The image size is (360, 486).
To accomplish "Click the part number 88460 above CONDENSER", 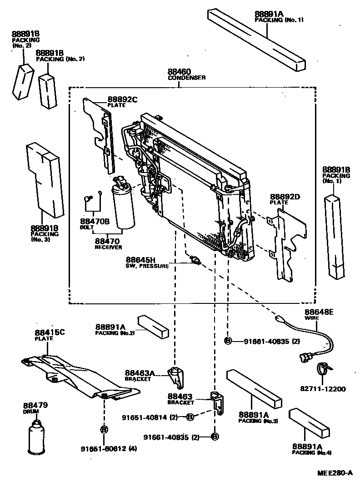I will click(x=179, y=72).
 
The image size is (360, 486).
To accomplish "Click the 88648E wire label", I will click(x=319, y=312).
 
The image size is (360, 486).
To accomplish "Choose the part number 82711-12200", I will click(x=323, y=389).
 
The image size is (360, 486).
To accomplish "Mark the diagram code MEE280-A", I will click(x=335, y=473).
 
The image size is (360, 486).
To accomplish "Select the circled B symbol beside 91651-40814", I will click(x=190, y=417).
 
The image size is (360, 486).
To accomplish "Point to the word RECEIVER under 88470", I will click(x=108, y=247).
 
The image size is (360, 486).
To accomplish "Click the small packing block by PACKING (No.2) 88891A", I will click(x=154, y=326).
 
